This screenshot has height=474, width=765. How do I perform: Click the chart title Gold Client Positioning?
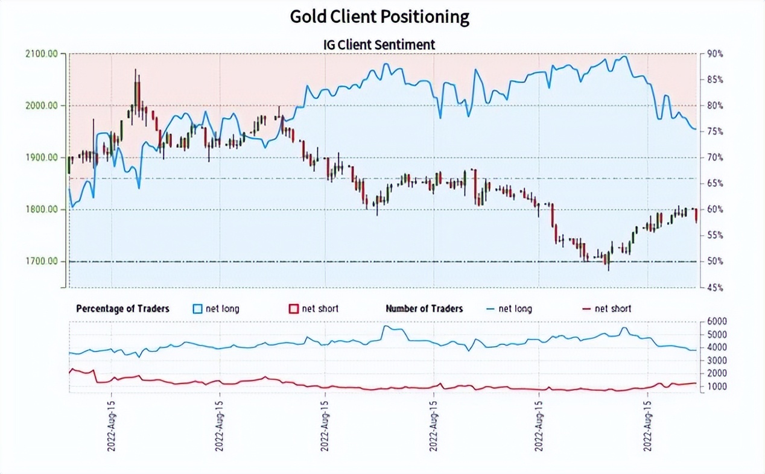coord(379,17)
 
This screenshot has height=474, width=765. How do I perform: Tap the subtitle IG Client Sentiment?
coord(379,45)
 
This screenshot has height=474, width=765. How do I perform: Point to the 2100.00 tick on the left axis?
coord(42,54)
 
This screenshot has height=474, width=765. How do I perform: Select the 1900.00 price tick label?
coord(42,157)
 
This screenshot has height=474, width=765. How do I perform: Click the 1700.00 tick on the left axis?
coord(42,261)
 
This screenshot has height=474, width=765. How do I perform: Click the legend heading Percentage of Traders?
coord(122,309)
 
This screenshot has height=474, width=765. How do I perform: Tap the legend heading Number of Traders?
coord(424,309)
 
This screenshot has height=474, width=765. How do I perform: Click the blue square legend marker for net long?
coord(197,309)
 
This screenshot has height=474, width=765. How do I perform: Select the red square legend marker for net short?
coord(293,309)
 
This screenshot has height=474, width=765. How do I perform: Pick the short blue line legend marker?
coord(490,309)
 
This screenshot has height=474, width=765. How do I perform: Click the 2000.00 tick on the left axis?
coord(42,106)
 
